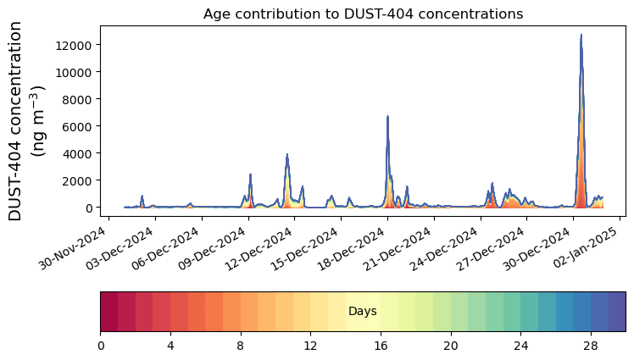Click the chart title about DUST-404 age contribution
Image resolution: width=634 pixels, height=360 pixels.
pyautogui.click(x=363, y=14)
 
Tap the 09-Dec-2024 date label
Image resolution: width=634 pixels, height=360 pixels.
pyautogui.click(x=220, y=251)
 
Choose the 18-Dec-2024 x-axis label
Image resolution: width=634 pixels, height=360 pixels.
pyautogui.click(x=359, y=251)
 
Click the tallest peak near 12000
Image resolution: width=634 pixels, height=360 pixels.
pyautogui.click(x=581, y=36)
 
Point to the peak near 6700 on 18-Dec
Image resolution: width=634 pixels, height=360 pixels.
pyautogui.click(x=387, y=117)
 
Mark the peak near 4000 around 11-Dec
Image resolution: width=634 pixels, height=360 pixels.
pyautogui.click(x=287, y=155)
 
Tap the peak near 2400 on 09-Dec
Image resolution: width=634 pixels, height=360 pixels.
pyautogui.click(x=250, y=175)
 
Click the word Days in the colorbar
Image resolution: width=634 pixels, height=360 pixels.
pyautogui.click(x=363, y=312)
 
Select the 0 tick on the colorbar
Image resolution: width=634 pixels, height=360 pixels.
pyautogui.click(x=101, y=346)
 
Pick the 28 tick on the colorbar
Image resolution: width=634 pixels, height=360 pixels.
pyautogui.click(x=591, y=346)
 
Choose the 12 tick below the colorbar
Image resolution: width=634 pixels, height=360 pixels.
pyautogui.click(x=311, y=346)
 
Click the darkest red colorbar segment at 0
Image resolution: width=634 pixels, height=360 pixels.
pyautogui.click(x=109, y=312)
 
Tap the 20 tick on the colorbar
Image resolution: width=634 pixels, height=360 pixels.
pyautogui.click(x=451, y=346)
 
